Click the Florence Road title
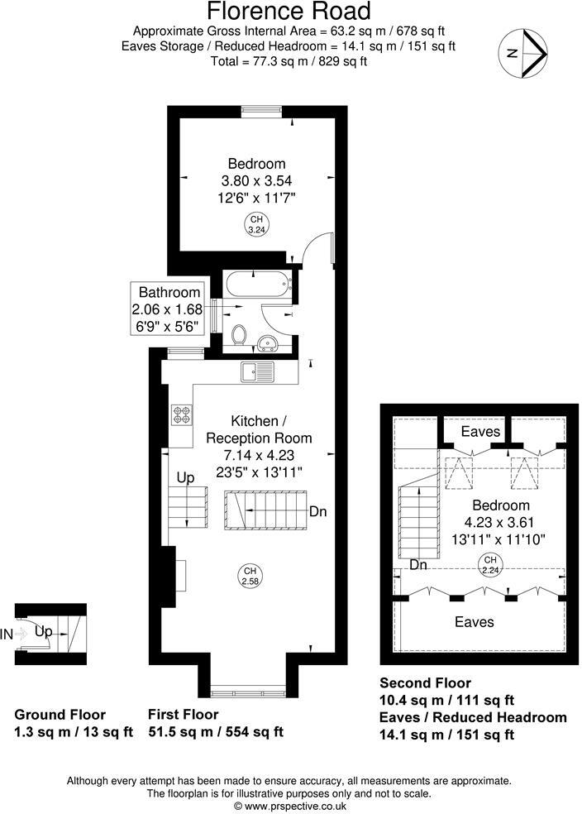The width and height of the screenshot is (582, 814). click(x=289, y=12)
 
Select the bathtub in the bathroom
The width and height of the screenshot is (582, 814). click(x=258, y=285)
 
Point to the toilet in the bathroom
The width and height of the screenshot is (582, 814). click(x=240, y=334)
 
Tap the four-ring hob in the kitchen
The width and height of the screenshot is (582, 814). click(x=181, y=414)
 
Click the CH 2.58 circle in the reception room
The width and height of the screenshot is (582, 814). click(x=250, y=576)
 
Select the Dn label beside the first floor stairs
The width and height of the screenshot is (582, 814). click(x=318, y=512)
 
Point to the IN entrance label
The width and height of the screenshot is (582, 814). click(x=7, y=634)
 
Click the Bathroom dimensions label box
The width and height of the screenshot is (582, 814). click(x=169, y=308)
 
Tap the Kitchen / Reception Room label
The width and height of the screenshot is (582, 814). click(x=259, y=429)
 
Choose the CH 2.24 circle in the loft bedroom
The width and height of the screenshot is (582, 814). click(x=489, y=566)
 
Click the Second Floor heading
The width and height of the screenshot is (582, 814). click(x=425, y=683)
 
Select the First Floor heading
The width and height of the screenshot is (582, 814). click(x=183, y=714)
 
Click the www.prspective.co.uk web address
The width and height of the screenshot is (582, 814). click(x=291, y=805)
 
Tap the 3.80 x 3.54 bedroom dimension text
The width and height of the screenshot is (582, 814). click(x=256, y=180)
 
